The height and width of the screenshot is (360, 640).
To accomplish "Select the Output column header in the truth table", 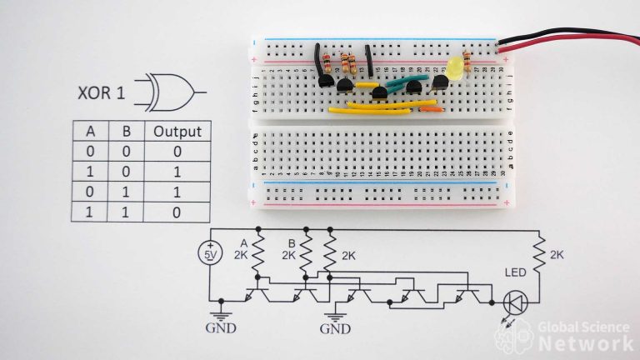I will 177,132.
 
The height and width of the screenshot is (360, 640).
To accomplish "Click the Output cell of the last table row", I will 177,212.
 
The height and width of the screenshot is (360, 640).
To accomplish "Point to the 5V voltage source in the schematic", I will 209,255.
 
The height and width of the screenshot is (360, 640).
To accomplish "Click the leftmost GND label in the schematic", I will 221,327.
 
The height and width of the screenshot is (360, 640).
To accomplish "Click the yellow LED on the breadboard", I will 455,68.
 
